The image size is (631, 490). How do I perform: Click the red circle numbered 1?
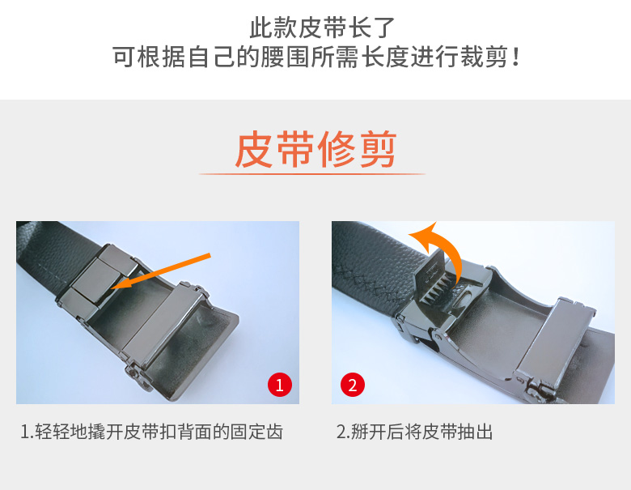[x=280, y=385]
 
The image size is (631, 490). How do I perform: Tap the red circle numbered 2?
[x=353, y=385]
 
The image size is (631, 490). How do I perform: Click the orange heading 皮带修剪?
[x=315, y=149]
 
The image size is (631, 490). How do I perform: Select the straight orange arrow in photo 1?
[x=160, y=271]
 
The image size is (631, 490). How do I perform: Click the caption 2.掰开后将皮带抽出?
[x=414, y=432]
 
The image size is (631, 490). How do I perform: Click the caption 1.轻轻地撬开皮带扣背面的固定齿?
[x=152, y=432]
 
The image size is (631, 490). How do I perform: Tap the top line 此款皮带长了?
[x=322, y=28]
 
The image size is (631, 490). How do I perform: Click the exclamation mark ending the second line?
[x=515, y=58]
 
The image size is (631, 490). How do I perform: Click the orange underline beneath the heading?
[x=312, y=174]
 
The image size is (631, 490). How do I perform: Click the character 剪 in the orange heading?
[x=379, y=149]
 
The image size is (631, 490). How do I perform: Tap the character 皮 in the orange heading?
[x=253, y=149]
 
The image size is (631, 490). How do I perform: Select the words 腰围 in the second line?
[x=286, y=58]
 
